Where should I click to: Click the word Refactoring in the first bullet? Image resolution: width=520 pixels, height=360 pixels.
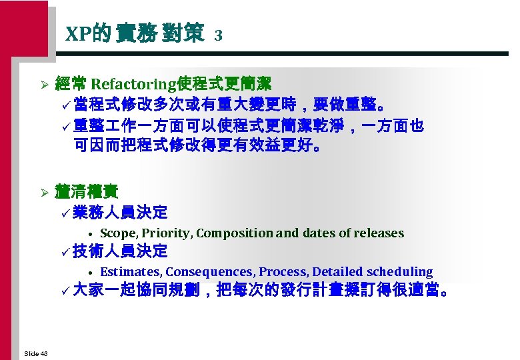click(131, 84)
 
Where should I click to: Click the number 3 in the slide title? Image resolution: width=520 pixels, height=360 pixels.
click(218, 35)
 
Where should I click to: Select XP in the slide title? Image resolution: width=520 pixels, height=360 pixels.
click(77, 34)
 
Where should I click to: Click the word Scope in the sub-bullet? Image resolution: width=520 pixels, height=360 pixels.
click(117, 233)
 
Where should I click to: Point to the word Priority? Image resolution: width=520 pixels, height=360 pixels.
click(165, 233)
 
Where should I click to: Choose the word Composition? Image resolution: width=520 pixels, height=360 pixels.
click(234, 233)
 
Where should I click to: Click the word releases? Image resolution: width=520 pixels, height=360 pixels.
click(379, 233)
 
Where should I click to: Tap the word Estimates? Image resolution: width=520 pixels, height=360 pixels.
click(130, 272)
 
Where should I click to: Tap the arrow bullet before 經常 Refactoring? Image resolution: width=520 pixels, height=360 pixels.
click(43, 85)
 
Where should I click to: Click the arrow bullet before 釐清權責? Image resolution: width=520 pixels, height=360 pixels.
click(43, 193)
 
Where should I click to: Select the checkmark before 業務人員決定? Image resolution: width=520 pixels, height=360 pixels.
click(64, 213)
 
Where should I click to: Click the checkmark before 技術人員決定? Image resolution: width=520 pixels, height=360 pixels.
click(64, 252)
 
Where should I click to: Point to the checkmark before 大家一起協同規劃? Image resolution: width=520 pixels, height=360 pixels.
click(64, 291)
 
